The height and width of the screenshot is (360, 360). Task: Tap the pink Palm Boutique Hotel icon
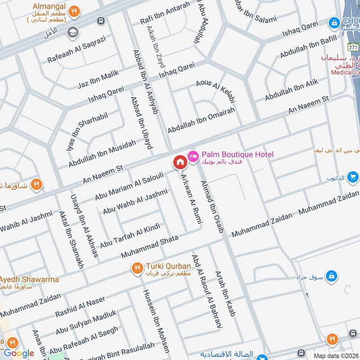(x=193, y=155)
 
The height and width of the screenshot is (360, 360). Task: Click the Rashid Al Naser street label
(x=80, y=306)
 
